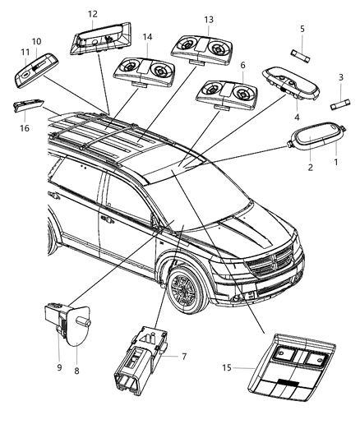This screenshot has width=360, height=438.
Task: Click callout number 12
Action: (x=92, y=14)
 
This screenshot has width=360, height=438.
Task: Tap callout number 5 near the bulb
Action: (x=302, y=29)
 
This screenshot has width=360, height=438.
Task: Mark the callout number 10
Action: (x=36, y=41)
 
